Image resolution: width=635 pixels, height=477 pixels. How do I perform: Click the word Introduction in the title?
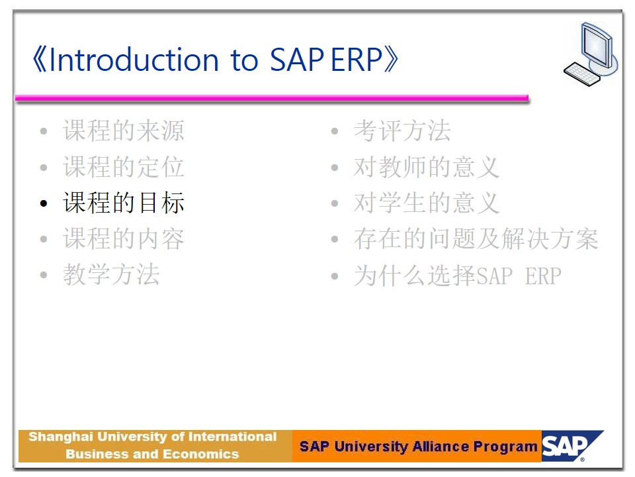pyautogui.click(x=134, y=60)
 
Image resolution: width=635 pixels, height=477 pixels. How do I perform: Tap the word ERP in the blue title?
pyautogui.click(x=357, y=60)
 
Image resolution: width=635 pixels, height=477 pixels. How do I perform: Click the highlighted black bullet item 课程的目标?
pyautogui.click(x=124, y=203)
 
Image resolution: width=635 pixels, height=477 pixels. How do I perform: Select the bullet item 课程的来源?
pyautogui.click(x=124, y=131)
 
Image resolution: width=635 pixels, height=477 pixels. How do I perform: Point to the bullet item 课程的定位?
pyautogui.click(x=124, y=167)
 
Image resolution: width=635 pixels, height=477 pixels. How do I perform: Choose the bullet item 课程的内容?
pyautogui.click(x=124, y=238)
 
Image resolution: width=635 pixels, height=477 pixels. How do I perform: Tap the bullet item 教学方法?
pyautogui.click(x=111, y=274)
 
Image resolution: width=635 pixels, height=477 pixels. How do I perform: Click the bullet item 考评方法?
pyautogui.click(x=402, y=131)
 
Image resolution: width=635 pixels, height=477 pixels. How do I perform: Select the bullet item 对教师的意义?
pyautogui.click(x=427, y=167)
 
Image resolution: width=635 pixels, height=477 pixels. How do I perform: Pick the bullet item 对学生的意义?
pyautogui.click(x=427, y=203)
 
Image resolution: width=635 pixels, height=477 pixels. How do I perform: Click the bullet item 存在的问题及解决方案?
pyautogui.click(x=476, y=238)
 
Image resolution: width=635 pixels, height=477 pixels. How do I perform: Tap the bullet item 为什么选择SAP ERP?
pyautogui.click(x=458, y=276)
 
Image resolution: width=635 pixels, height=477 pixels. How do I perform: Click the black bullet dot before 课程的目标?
pyautogui.click(x=44, y=203)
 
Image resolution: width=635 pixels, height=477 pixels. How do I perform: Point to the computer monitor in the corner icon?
pyautogui.click(x=597, y=46)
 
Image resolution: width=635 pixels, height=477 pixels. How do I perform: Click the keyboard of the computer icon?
pyautogui.click(x=581, y=74)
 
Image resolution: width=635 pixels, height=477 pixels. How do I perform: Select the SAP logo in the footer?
pyautogui.click(x=571, y=446)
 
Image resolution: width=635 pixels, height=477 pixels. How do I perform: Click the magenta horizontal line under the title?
pyautogui.click(x=272, y=98)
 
